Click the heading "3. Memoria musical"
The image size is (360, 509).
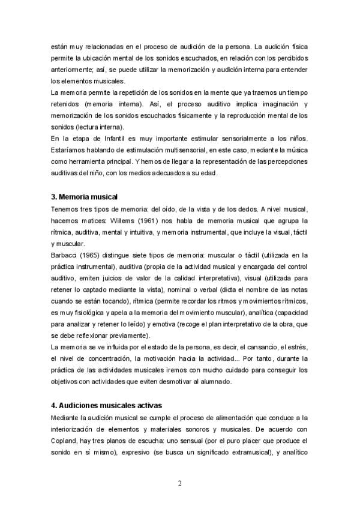point(85,196)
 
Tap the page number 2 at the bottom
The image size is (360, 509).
point(179,484)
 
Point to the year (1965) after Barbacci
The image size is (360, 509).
point(91,255)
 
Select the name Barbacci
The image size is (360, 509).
point(65,255)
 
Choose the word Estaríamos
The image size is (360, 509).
point(70,150)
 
